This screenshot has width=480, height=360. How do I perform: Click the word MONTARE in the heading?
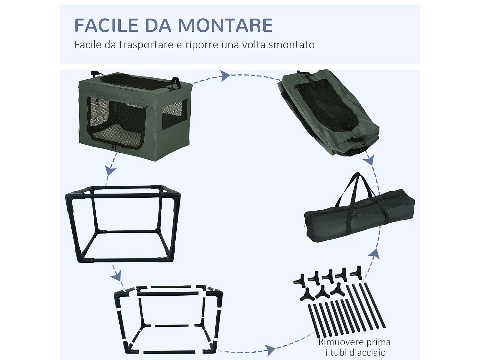tap(226, 25)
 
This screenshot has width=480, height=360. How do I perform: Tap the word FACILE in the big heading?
tap(107, 25)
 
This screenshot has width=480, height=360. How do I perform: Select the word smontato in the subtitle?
tap(292, 44)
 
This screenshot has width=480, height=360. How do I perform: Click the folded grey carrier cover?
tap(328, 113)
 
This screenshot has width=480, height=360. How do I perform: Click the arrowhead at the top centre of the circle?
tap(225, 76)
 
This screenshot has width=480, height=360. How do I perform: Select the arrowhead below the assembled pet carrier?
tap(110, 170)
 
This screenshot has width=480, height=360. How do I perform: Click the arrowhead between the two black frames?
tap(117, 276)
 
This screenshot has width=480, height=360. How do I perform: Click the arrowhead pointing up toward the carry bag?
tap(374, 254)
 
